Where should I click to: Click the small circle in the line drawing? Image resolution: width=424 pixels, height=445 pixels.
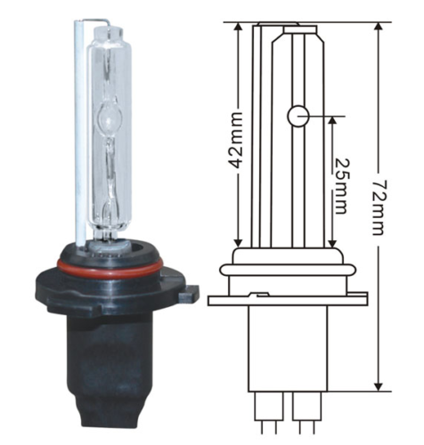(297, 115)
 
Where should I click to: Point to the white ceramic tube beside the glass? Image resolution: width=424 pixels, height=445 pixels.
(81, 133)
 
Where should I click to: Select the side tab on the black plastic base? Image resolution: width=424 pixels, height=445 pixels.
(188, 291)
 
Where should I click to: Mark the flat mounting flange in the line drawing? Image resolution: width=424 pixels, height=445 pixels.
(287, 300)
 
